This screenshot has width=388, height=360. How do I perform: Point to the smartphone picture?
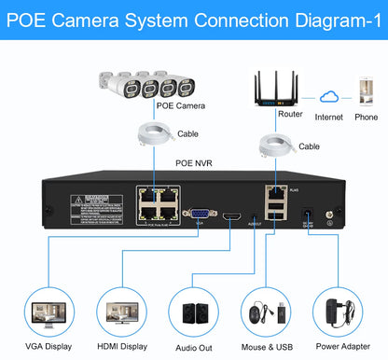point(365,94)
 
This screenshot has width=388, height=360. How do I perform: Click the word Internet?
point(328,118)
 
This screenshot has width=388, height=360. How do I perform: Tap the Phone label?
point(366,118)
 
